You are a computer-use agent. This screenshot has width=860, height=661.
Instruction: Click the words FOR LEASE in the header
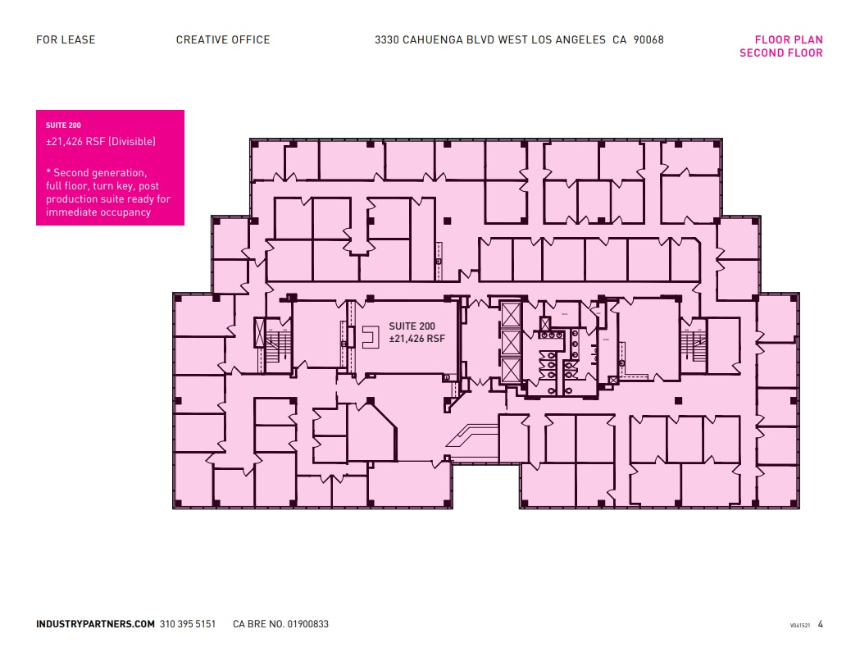coord(66,39)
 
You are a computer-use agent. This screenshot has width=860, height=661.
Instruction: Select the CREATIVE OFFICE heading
coord(223,39)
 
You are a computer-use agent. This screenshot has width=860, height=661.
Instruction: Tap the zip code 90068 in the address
coord(648,39)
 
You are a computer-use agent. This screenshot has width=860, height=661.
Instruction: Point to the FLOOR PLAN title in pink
coord(789,39)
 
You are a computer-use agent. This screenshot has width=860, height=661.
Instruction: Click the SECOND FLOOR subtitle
coord(780,53)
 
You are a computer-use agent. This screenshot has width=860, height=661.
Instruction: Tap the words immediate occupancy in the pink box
coord(98,212)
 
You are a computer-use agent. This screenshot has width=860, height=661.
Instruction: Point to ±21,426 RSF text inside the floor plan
coord(416,339)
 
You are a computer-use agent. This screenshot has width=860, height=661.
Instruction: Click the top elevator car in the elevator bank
coord(509,314)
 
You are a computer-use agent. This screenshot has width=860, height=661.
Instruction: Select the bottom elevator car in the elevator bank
coord(509,370)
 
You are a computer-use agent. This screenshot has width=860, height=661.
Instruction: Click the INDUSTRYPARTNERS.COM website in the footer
coord(95,624)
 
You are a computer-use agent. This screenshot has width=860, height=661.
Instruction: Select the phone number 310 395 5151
coord(188,624)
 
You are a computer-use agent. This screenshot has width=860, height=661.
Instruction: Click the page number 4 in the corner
coord(820,624)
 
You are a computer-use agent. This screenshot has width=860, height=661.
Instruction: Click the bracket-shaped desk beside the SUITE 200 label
coord(370,337)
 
